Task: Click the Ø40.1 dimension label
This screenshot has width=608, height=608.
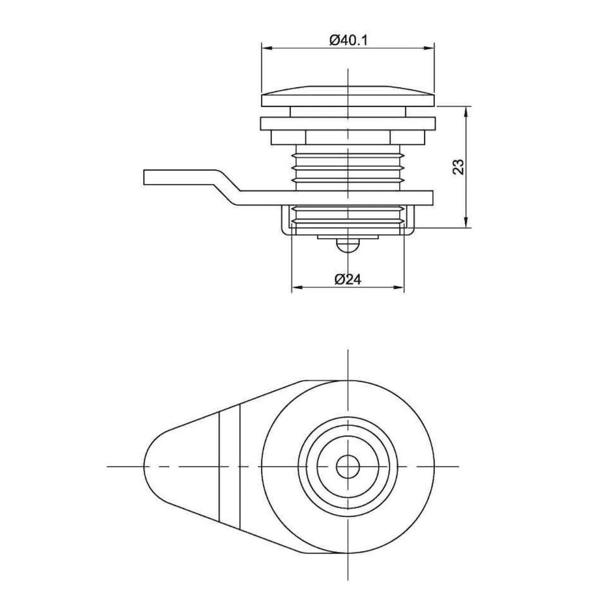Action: (348, 40)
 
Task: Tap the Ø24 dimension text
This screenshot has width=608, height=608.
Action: (348, 280)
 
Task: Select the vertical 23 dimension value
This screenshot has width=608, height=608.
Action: (459, 167)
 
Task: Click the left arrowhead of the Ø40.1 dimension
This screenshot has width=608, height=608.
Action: (267, 48)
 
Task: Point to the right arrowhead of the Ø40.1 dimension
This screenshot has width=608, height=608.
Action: (430, 48)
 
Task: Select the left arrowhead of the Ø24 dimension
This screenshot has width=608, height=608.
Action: (296, 287)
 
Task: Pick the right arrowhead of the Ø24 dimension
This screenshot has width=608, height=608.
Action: (399, 287)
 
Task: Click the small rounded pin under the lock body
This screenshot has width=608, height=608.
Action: (348, 245)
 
